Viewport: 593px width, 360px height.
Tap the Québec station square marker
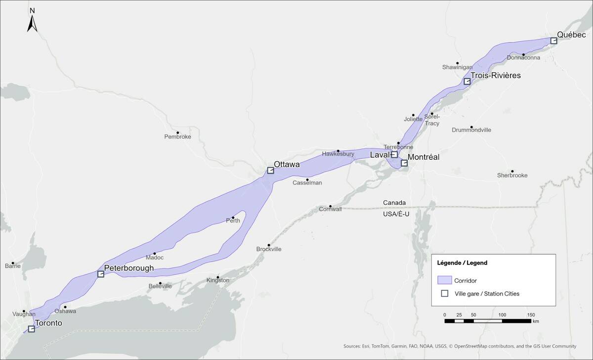(x=553, y=41)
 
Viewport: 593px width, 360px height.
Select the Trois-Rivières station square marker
(x=467, y=81)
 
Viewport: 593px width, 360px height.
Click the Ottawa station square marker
(x=270, y=171)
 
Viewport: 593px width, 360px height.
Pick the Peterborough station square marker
(x=101, y=274)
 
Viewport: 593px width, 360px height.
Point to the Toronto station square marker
(x=32, y=329)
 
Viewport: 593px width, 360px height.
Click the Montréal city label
(x=424, y=157)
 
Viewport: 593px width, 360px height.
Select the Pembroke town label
(x=177, y=136)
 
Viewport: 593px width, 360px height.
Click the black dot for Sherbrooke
(x=512, y=171)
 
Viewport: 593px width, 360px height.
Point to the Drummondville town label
(x=471, y=130)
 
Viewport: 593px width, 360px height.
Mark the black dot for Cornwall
(x=331, y=206)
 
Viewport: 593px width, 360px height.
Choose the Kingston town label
(x=217, y=280)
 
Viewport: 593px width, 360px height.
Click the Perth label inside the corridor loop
(x=233, y=221)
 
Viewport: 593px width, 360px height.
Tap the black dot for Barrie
(x=13, y=263)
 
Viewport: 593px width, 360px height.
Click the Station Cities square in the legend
(x=444, y=293)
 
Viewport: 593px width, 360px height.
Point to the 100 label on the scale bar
(x=502, y=315)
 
